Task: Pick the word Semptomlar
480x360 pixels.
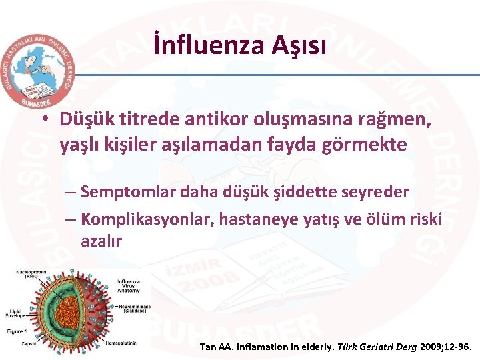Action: [122, 192]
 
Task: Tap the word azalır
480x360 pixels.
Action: [101, 241]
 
